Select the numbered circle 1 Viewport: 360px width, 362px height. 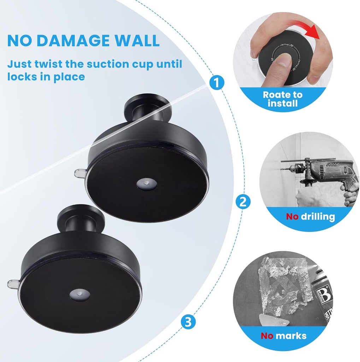click(217, 83)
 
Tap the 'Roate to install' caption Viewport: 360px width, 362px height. click(282, 99)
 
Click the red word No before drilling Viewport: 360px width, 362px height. click(292, 216)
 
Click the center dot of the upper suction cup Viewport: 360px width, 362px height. click(146, 183)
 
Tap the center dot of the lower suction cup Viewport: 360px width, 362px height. click(79, 294)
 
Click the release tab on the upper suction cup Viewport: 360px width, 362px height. click(79, 173)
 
